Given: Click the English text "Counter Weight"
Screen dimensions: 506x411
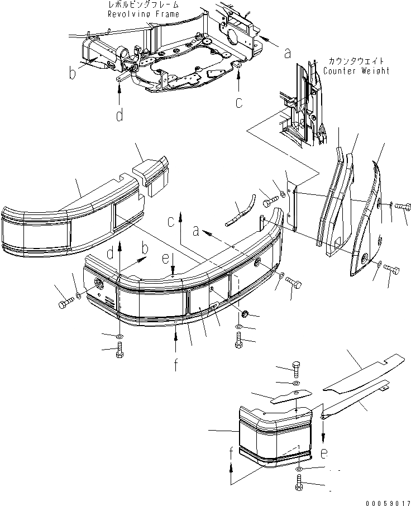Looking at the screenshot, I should [x=356, y=71].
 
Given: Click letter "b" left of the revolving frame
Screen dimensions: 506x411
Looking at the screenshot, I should [x=73, y=73].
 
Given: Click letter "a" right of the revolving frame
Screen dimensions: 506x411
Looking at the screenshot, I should [x=287, y=53].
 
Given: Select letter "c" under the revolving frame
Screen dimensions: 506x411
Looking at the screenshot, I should [x=239, y=102].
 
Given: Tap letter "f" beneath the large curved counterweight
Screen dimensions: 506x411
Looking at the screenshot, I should [x=176, y=366].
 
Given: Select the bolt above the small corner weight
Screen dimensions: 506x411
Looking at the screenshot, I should [x=296, y=369].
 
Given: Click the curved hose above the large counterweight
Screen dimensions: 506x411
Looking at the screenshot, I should [x=240, y=209].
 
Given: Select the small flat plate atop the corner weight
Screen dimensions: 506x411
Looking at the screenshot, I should [x=287, y=398].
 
